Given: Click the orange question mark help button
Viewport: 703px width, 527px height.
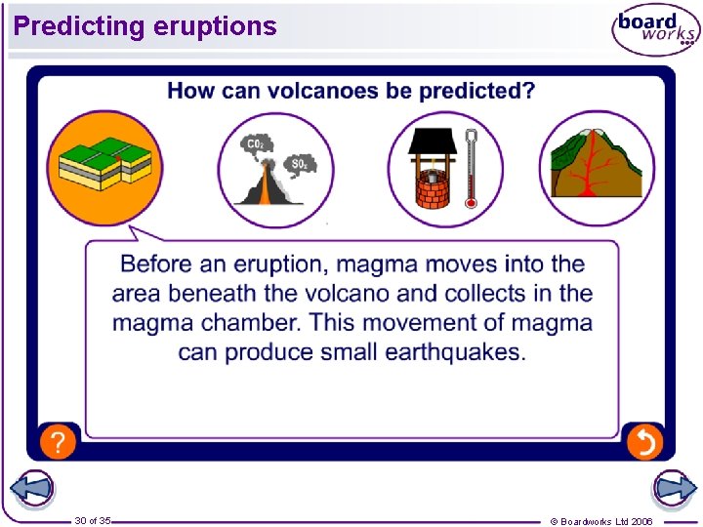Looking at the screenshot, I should (59, 441).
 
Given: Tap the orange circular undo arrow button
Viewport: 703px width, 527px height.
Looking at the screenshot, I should (645, 441).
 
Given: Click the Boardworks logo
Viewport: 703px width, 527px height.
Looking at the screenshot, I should (656, 29).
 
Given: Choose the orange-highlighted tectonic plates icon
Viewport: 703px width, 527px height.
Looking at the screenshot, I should (103, 168).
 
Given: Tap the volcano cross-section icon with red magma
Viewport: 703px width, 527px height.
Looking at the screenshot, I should (596, 168).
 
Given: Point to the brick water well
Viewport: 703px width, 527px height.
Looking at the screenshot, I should (429, 170).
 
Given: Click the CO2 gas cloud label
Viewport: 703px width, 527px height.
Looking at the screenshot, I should (256, 143).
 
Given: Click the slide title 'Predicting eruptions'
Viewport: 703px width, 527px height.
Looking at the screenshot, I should (145, 26).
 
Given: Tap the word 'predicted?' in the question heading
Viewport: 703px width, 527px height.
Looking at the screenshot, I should (477, 91).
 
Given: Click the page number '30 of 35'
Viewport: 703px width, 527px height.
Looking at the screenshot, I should (93, 520).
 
